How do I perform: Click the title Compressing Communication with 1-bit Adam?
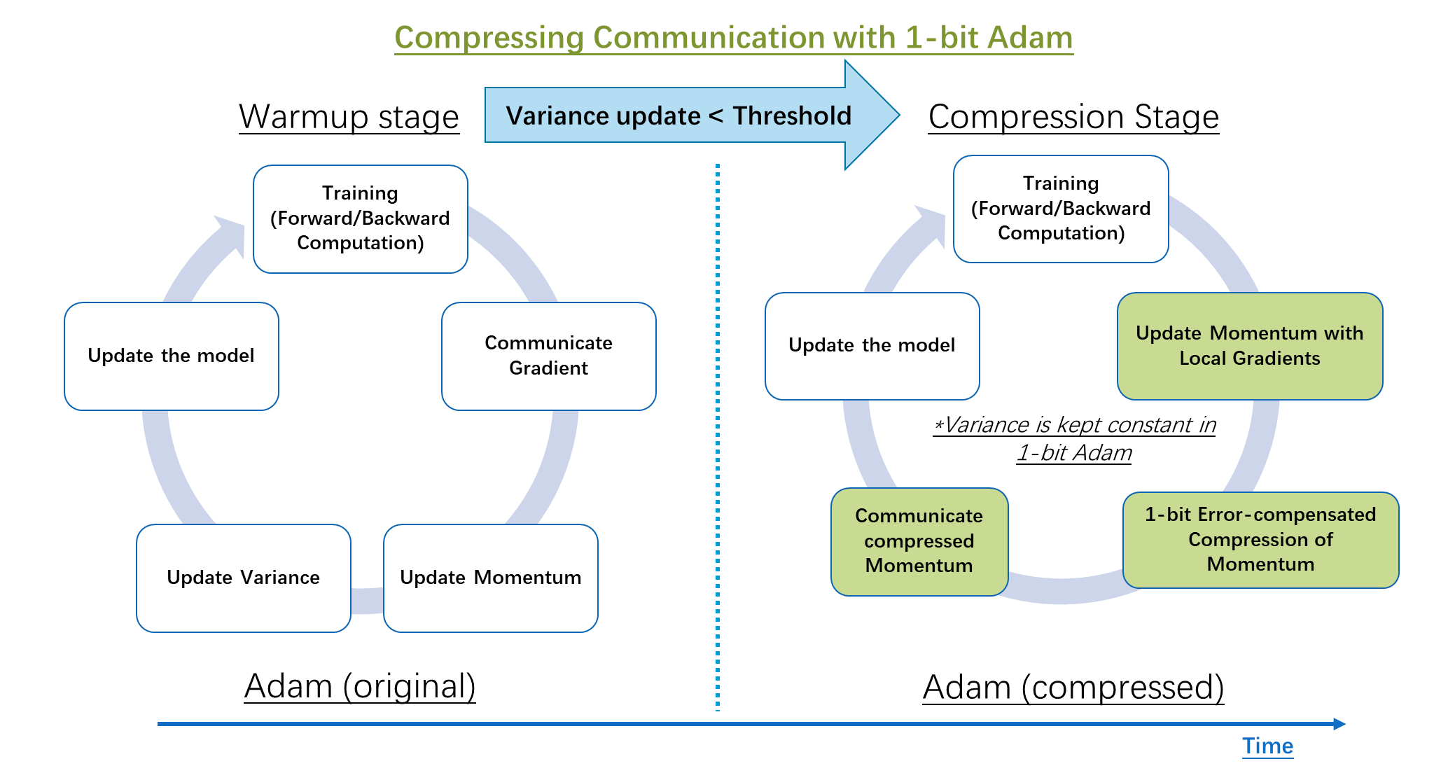[x=733, y=38]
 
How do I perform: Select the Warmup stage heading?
[x=349, y=116]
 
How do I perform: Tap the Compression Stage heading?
[x=1073, y=116]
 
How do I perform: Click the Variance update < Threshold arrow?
[x=678, y=116]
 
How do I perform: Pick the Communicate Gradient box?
[x=548, y=356]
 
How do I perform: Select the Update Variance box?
[x=243, y=578]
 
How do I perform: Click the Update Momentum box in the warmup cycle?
[x=490, y=578]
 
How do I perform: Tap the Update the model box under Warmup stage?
[x=171, y=356]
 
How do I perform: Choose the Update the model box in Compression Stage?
[x=872, y=345]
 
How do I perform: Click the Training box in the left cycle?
[x=360, y=218]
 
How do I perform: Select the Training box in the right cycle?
[x=1061, y=209]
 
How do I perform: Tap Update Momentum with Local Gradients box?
[x=1249, y=346]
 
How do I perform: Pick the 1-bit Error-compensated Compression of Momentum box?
[x=1260, y=539]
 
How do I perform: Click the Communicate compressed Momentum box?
[x=919, y=541]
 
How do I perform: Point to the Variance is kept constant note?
[x=1073, y=437]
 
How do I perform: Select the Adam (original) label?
[x=360, y=685]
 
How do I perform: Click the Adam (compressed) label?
[x=1073, y=687]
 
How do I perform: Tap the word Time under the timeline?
[x=1267, y=746]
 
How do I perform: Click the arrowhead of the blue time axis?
[x=1339, y=723]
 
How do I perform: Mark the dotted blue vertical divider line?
[x=718, y=434]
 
